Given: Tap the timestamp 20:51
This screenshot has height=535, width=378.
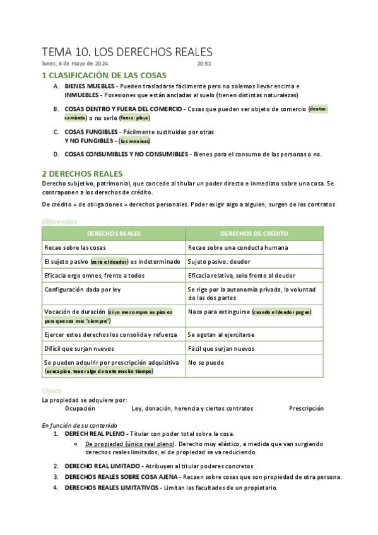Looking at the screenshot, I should point(204,64).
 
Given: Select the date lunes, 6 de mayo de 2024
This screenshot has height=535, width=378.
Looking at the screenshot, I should point(74,64).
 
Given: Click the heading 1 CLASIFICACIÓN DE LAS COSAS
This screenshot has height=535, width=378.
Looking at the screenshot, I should point(103,76).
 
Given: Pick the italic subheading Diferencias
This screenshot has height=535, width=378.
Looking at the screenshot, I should point(59,221).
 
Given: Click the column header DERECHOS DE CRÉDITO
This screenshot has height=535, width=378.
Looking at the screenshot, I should point(254,233).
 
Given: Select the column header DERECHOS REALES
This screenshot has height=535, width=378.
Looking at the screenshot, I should point(114,233).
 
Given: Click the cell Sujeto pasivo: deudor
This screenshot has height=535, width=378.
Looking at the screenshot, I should point(218,261).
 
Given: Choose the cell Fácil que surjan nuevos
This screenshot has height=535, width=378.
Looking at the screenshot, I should point(221,348).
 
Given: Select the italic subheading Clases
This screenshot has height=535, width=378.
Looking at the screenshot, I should point(52,391).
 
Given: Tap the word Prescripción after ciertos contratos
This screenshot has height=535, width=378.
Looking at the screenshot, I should point(306,408).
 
